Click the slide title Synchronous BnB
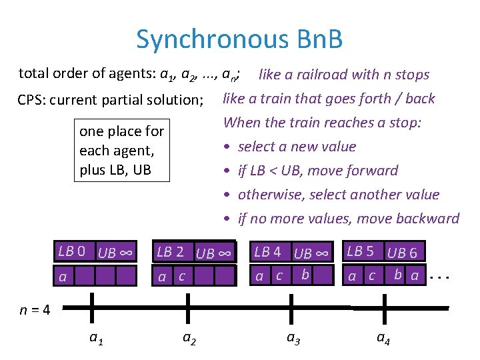[239, 39]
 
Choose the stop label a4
[383, 338]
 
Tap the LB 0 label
[71, 251]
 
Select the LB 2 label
[170, 251]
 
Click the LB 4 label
[267, 251]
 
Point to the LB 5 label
[361, 251]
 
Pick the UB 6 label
[402, 252]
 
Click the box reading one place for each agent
[121, 151]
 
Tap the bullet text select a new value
[297, 147]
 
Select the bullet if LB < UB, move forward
[317, 171]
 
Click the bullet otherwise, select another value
[338, 195]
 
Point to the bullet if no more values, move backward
[348, 219]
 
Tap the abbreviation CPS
[31, 101]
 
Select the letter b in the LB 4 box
[305, 274]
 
